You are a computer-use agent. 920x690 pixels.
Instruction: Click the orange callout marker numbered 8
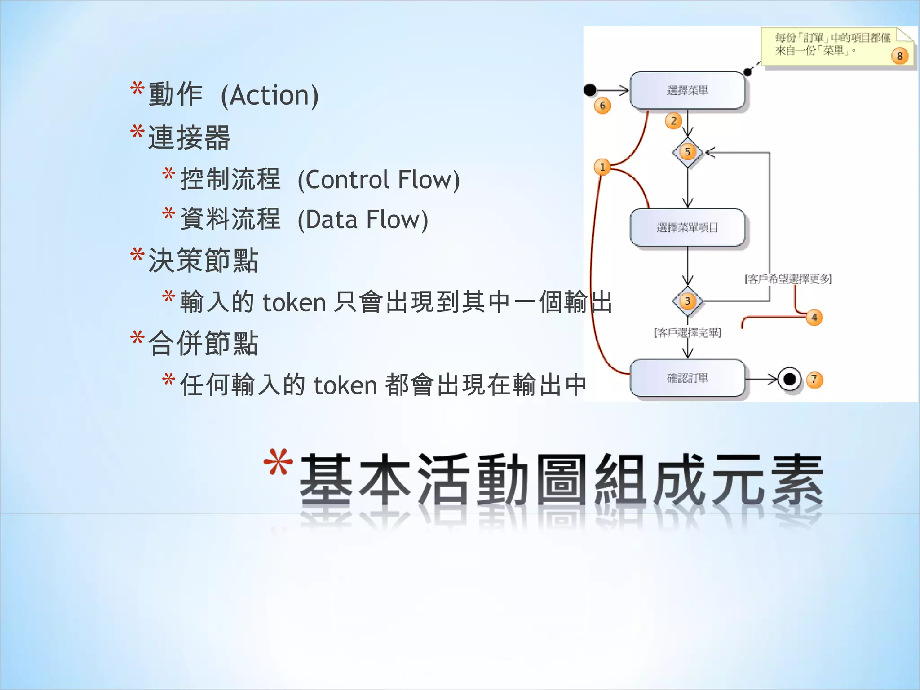(x=899, y=56)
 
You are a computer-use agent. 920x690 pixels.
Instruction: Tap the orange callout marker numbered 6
(x=602, y=106)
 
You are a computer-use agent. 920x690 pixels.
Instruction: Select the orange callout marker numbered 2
(x=673, y=120)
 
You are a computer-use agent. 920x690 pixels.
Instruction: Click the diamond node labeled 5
(x=687, y=152)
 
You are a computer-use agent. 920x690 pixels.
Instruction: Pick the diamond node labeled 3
(x=687, y=301)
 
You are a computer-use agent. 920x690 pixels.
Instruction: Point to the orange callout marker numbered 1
(x=602, y=167)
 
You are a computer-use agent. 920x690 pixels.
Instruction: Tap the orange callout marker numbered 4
(x=814, y=317)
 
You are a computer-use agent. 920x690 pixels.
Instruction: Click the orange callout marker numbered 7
(x=814, y=380)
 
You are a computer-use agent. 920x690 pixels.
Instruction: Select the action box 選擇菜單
(x=687, y=90)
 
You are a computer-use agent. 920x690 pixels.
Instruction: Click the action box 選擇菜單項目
(x=687, y=227)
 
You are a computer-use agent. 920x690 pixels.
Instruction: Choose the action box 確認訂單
(x=687, y=378)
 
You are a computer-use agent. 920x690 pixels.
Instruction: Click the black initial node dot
(x=590, y=90)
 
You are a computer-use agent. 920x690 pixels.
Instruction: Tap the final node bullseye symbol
(x=789, y=380)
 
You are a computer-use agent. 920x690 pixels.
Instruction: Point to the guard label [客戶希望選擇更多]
(x=788, y=279)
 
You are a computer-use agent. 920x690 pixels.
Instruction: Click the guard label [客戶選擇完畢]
(x=687, y=332)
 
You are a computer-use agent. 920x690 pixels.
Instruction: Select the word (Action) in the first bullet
(x=270, y=95)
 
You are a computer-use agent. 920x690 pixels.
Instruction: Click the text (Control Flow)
(x=379, y=180)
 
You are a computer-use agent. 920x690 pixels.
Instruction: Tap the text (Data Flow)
(x=363, y=220)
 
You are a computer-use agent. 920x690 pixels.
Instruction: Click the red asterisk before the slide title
(x=278, y=463)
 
